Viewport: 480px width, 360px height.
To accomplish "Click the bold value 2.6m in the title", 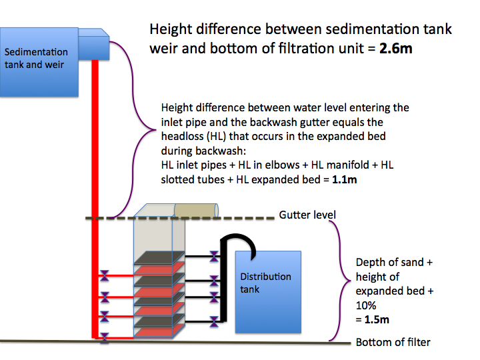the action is tap(395, 49).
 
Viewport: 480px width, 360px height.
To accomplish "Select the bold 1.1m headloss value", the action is tap(345, 179).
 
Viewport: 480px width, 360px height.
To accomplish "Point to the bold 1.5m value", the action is tap(377, 319).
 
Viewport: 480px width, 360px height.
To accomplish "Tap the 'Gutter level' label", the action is tap(307, 215).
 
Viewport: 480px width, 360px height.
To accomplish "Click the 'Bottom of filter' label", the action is tap(393, 342).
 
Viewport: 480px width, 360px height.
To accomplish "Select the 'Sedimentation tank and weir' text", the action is tap(36, 58).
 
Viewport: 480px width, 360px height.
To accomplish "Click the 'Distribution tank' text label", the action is tap(265, 283).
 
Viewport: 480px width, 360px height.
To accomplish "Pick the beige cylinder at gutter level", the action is tap(196, 211).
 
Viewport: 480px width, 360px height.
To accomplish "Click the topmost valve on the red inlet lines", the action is tap(105, 275).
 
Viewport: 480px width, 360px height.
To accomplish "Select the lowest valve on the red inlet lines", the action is tap(105, 338).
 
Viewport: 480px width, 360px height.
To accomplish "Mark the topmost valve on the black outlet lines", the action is tap(214, 256).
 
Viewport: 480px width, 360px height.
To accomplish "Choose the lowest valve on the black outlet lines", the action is tap(214, 321).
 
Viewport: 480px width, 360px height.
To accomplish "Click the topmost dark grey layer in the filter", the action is tap(159, 257).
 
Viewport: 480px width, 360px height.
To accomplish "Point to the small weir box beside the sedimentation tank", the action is tap(94, 45).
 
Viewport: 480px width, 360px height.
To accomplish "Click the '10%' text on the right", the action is tap(366, 305).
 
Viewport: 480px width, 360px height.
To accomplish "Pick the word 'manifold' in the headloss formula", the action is tap(340, 165).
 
